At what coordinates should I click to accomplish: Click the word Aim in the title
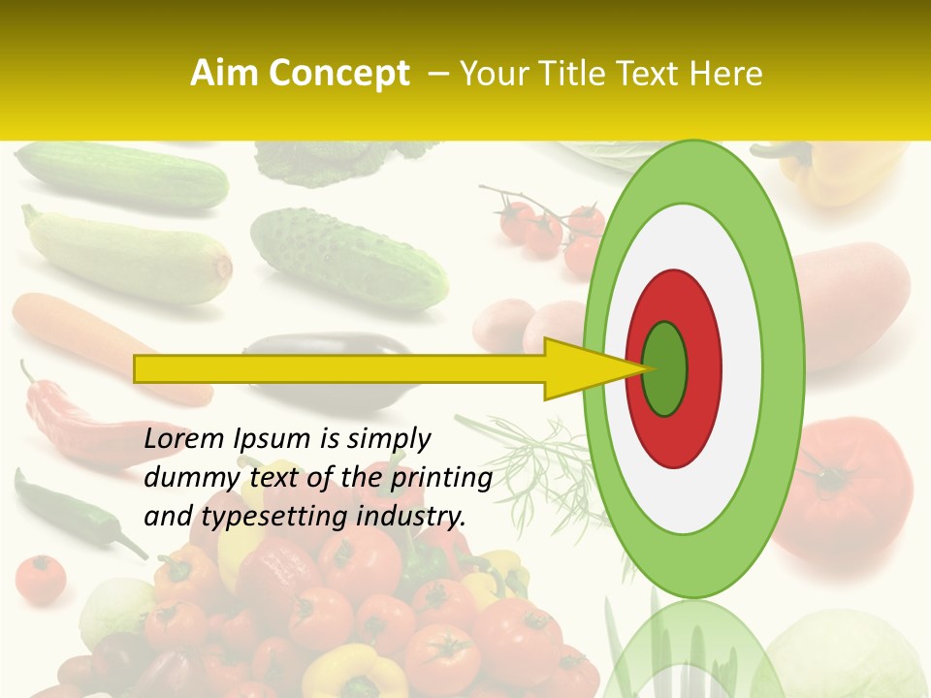(x=226, y=74)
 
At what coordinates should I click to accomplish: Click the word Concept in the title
(x=338, y=74)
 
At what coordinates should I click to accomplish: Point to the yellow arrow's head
(x=592, y=369)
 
